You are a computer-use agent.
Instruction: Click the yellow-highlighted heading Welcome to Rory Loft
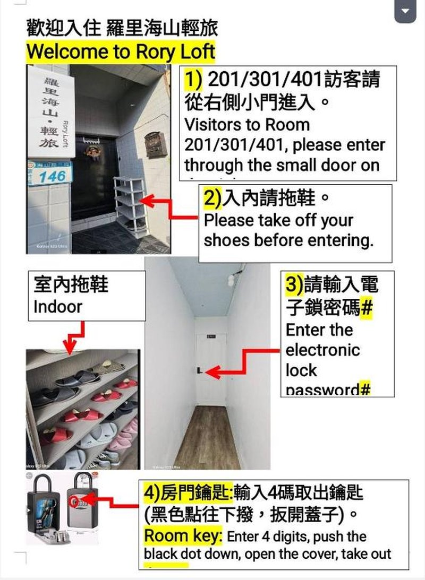coord(121,52)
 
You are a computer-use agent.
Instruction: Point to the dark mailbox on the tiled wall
coord(156,144)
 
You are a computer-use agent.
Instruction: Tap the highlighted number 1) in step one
coord(193,80)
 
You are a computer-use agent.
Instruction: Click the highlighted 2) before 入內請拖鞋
coord(212,199)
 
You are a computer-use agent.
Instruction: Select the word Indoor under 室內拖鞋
coord(58,306)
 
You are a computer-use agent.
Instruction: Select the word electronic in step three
coord(322,350)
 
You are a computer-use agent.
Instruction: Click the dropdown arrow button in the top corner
coord(405,10)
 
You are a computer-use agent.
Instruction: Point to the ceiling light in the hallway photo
coord(231,279)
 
